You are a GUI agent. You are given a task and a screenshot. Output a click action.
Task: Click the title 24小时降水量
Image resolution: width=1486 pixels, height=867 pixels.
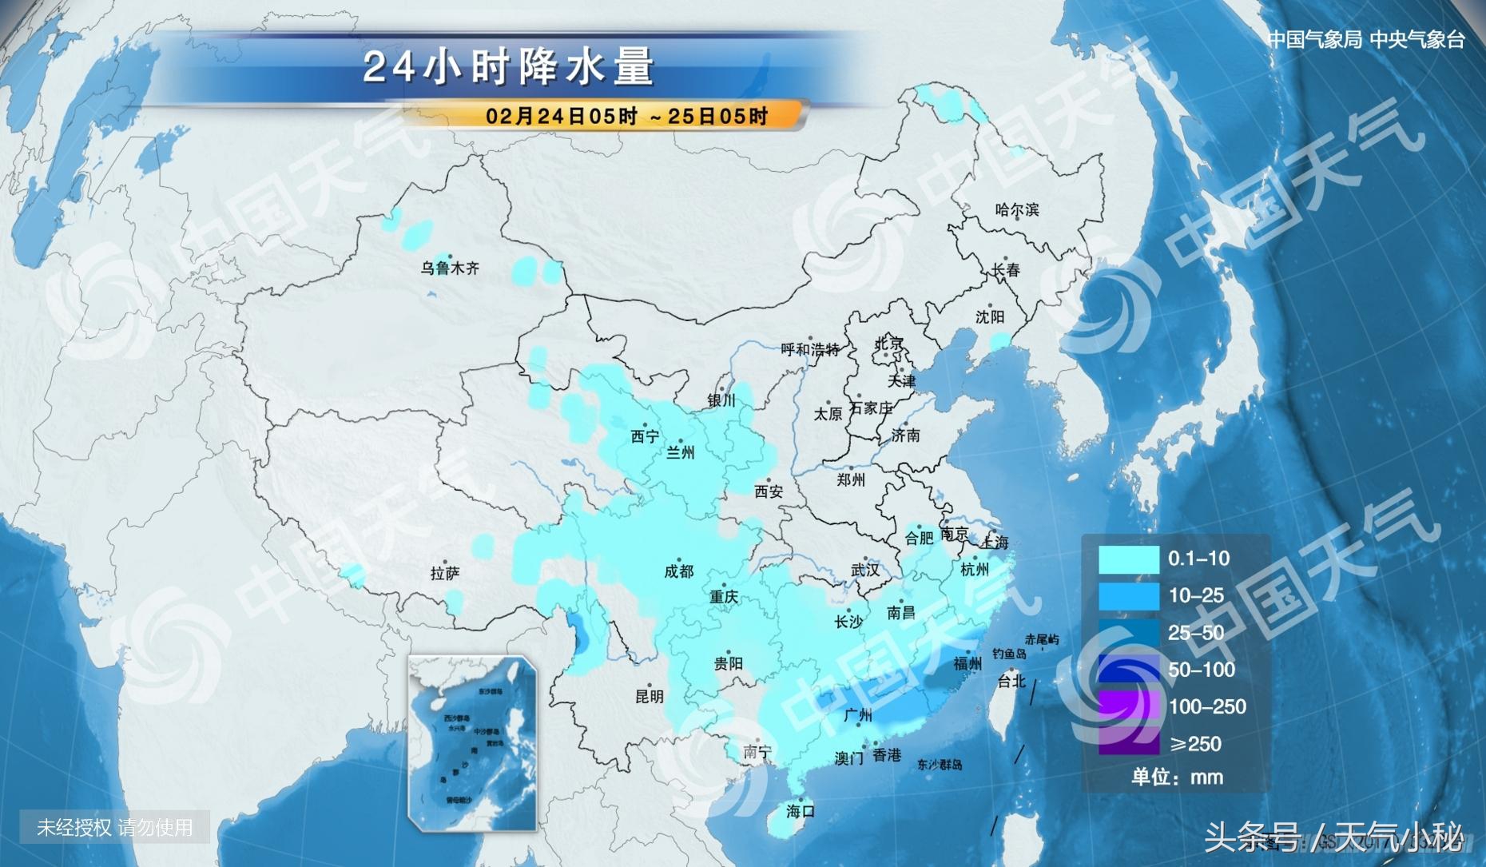click(508, 67)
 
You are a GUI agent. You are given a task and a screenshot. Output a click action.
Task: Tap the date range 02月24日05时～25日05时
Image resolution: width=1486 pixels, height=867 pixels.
click(626, 117)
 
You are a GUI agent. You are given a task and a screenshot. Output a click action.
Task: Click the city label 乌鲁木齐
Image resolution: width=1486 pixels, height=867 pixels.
click(450, 268)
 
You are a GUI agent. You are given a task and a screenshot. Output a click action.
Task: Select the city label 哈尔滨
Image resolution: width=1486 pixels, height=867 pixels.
click(1016, 210)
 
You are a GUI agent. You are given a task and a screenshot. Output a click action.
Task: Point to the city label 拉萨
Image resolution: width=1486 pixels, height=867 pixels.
click(444, 573)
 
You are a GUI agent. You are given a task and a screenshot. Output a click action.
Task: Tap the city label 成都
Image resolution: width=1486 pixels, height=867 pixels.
click(678, 571)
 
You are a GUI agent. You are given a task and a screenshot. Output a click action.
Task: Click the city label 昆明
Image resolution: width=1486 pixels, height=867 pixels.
click(649, 696)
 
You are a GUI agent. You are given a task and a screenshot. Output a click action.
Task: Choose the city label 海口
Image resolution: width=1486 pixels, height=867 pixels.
click(800, 811)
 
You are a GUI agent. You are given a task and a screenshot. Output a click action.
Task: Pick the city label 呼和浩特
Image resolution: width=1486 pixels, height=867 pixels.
click(809, 350)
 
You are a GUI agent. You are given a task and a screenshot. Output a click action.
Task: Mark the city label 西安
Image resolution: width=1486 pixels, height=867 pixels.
click(769, 492)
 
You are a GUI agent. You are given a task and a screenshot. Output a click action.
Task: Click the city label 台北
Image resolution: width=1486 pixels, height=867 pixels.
click(1011, 681)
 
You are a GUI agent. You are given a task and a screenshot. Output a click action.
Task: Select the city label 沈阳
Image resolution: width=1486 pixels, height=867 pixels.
click(989, 317)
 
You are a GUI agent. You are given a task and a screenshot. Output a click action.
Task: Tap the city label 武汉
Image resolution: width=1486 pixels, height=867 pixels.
click(864, 570)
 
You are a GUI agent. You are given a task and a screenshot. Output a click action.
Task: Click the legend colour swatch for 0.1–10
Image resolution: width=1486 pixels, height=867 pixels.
click(1128, 559)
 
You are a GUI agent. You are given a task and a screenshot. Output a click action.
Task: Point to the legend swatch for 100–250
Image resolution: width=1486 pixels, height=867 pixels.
click(1128, 706)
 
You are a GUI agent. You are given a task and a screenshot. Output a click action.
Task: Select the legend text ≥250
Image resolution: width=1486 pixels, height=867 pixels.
click(1195, 744)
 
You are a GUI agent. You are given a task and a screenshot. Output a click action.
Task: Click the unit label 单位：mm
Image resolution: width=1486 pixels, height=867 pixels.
click(1176, 777)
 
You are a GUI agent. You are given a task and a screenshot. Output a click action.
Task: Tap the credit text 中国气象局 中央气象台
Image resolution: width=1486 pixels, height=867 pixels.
click(1365, 40)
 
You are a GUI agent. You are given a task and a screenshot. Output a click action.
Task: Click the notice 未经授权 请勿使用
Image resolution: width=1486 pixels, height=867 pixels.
click(115, 827)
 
